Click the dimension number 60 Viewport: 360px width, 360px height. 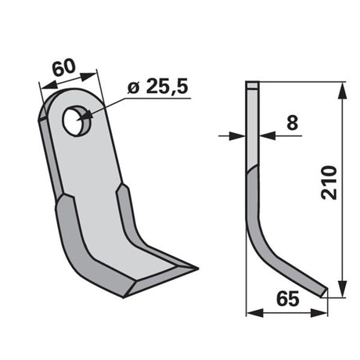(x=63, y=68)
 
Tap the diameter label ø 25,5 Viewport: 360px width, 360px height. (x=158, y=86)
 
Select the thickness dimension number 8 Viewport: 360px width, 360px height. (x=292, y=123)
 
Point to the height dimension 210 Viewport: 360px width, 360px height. (x=329, y=182)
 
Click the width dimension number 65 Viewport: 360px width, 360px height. (x=288, y=299)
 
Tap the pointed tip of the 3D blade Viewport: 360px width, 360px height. (x=197, y=268)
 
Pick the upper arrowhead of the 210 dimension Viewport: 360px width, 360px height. (x=342, y=91)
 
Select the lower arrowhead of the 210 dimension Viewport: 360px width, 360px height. (x=342, y=289)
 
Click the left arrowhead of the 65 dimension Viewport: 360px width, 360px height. (x=255, y=313)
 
